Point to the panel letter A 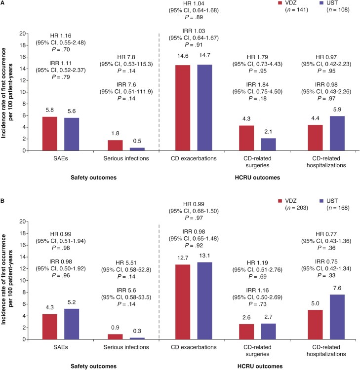[x=3, y=3]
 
